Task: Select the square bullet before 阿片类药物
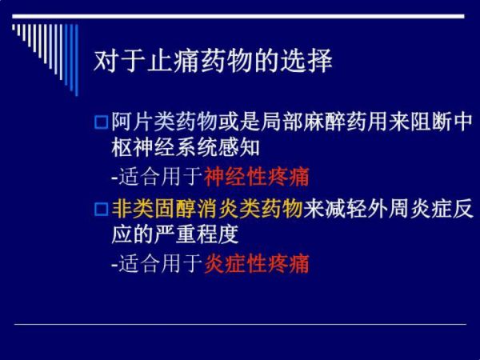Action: [x=101, y=122]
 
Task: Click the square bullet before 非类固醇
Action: [x=101, y=210]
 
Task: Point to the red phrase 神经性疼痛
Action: [x=257, y=177]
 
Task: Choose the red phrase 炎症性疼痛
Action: [x=257, y=263]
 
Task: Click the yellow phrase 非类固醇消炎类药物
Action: [x=207, y=210]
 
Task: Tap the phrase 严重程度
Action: [x=196, y=234]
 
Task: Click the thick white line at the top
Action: [x=238, y=16]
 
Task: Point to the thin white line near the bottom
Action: [x=240, y=324]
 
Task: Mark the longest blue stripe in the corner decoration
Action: [x=77, y=60]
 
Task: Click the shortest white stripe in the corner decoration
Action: [x=14, y=27]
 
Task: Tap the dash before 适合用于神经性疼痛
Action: [x=114, y=178]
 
